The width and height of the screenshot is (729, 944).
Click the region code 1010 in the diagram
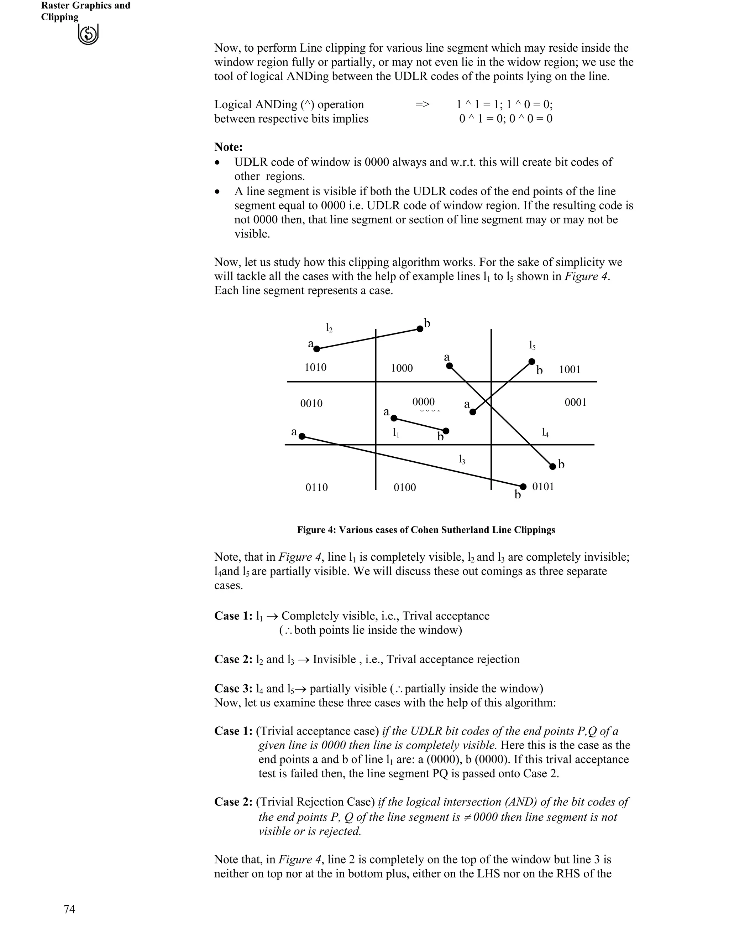pyautogui.click(x=315, y=367)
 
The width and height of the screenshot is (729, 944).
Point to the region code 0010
pyautogui.click(x=311, y=404)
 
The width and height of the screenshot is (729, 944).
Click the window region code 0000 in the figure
pyautogui.click(x=423, y=402)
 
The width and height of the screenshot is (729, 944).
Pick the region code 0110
pyautogui.click(x=316, y=488)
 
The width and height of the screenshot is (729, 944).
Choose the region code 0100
pyautogui.click(x=405, y=488)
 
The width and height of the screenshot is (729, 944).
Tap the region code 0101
pyautogui.click(x=543, y=487)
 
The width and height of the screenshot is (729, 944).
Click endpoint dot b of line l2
pyautogui.click(x=420, y=329)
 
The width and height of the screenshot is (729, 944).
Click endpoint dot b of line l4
pyautogui.click(x=552, y=466)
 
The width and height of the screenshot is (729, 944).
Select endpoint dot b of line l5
pyautogui.click(x=532, y=362)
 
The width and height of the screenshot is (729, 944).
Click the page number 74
pyautogui.click(x=69, y=909)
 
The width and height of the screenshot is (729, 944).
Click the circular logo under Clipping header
pyautogui.click(x=89, y=35)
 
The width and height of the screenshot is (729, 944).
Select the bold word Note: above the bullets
pyautogui.click(x=229, y=147)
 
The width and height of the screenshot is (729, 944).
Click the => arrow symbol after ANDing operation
pyautogui.click(x=423, y=105)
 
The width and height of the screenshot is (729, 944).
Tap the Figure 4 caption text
pyautogui.click(x=426, y=530)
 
